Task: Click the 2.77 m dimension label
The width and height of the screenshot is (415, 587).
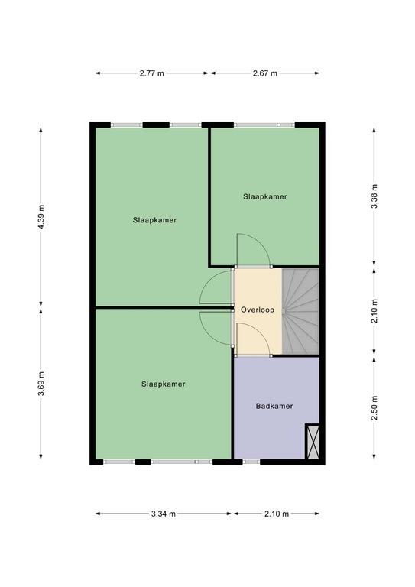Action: coord(151,73)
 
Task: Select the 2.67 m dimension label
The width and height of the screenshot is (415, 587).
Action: coord(265,73)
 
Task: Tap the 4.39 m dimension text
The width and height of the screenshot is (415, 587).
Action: coord(41,218)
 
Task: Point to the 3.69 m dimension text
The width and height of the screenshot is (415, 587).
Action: coord(41,383)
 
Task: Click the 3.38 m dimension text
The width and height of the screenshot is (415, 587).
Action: coord(374,196)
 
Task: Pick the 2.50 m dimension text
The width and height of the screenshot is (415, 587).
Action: coord(374,407)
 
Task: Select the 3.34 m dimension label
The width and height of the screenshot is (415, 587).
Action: coord(164,514)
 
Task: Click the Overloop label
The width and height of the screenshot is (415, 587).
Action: coord(258,310)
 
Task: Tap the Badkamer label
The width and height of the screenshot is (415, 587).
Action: coord(274,406)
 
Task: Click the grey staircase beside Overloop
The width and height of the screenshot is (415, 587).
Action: coord(300,311)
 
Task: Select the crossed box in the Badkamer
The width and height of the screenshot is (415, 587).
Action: coord(313,441)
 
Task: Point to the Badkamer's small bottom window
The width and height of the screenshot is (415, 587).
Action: coord(251,462)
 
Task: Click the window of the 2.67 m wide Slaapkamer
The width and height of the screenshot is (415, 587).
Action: coord(264,125)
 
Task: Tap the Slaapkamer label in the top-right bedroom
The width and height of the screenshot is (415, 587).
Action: coord(265,197)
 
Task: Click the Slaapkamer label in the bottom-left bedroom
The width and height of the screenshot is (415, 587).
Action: coord(164,384)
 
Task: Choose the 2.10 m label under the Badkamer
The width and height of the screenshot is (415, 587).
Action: coord(277,514)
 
